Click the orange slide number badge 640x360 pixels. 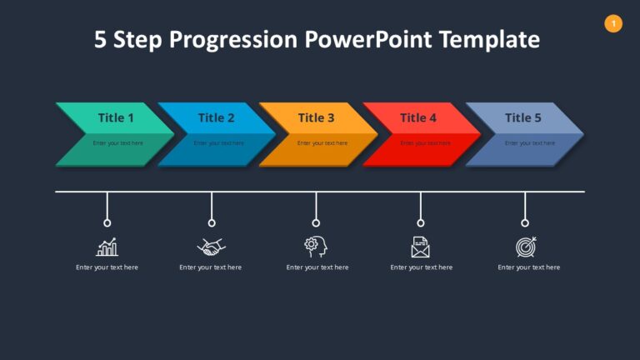click(x=613, y=24)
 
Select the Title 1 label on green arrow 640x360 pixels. click(x=115, y=117)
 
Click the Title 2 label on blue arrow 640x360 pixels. click(x=216, y=117)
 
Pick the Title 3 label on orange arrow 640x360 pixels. click(x=316, y=117)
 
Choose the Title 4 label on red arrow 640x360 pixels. click(x=417, y=117)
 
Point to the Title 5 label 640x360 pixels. click(x=522, y=117)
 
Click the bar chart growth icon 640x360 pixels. click(x=107, y=247)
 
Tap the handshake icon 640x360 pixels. click(x=211, y=247)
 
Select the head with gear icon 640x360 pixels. click(x=316, y=246)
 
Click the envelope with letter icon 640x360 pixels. click(x=421, y=247)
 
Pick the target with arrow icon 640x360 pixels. click(x=526, y=247)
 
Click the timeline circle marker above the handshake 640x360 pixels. click(x=212, y=222)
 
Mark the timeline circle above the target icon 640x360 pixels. click(x=525, y=222)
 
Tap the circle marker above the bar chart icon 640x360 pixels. click(x=107, y=222)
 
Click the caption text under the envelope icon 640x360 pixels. click(x=421, y=267)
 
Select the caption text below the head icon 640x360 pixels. click(x=317, y=267)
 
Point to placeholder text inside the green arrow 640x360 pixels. click(x=117, y=143)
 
